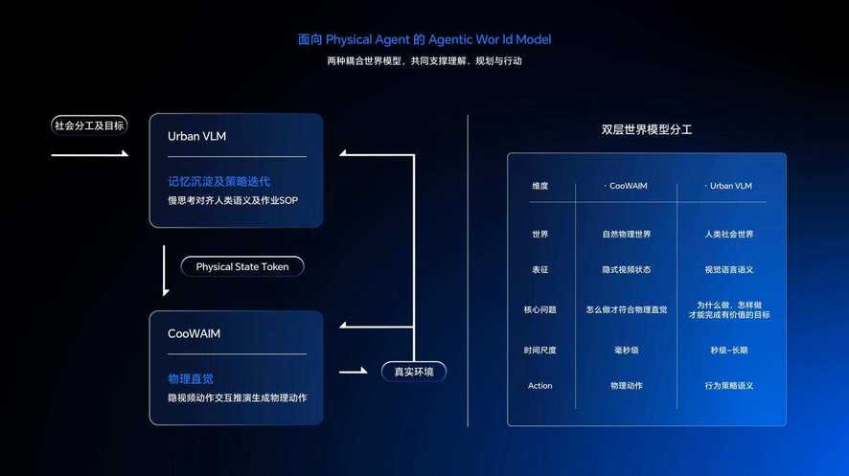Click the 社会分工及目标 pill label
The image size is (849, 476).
coord(89,125)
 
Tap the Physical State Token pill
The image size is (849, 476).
coord(242,266)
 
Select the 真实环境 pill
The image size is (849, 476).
coord(414,372)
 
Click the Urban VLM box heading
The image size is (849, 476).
coord(196,136)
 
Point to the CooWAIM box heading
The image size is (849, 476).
coord(194,333)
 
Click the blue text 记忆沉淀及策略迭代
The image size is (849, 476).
coord(218,181)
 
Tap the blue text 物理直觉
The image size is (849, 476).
coord(191,378)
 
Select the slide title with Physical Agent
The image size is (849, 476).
coord(424,39)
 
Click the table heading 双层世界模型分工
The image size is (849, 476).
coord(647,130)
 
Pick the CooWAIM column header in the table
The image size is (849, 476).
coord(628,186)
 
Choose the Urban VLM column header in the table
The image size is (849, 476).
coord(730,186)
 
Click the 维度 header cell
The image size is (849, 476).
coord(539,186)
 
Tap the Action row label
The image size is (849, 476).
coord(539,386)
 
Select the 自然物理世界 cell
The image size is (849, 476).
coord(627,235)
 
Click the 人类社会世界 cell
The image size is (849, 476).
coord(729,235)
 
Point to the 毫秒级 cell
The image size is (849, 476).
coord(627,350)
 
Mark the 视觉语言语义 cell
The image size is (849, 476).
coord(729,269)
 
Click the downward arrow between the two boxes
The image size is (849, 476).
coord(165,270)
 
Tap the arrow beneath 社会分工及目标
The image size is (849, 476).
coord(90,155)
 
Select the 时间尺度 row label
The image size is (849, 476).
coord(539,350)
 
